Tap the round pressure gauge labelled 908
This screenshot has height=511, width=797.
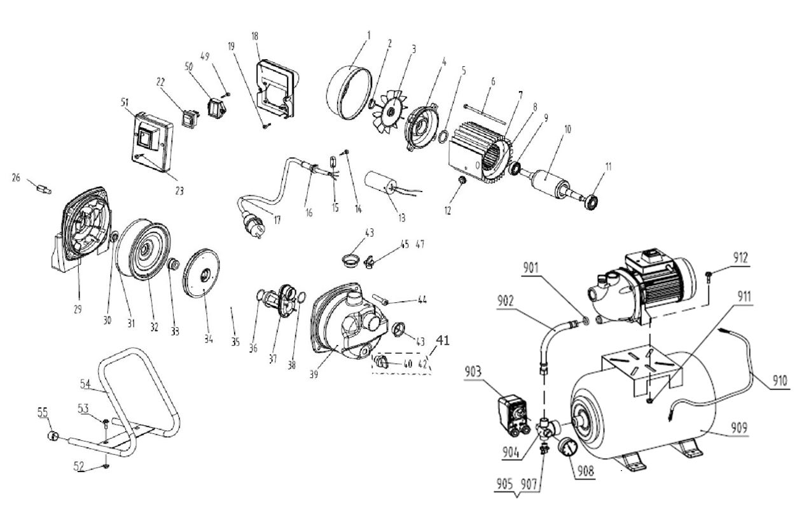[566, 449]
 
